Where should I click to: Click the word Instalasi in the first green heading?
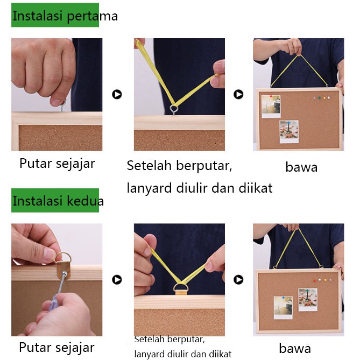tap(38, 16)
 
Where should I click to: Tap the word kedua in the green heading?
tap(86, 201)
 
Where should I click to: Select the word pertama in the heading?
tap(93, 17)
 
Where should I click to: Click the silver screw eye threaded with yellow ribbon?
tap(174, 109)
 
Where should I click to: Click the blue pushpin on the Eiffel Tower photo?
tap(288, 123)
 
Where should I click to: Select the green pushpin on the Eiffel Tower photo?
tap(307, 291)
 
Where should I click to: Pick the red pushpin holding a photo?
tap(271, 96)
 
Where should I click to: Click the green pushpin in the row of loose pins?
tap(319, 98)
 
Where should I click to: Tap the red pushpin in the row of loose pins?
tap(315, 280)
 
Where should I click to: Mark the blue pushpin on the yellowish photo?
tap(283, 298)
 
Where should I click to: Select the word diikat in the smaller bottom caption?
tap(221, 354)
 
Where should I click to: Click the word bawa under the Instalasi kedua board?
tap(295, 348)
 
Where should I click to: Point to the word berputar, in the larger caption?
tap(204, 166)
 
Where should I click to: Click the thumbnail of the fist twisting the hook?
tap(57, 94)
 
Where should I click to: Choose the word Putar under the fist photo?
tap(36, 164)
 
